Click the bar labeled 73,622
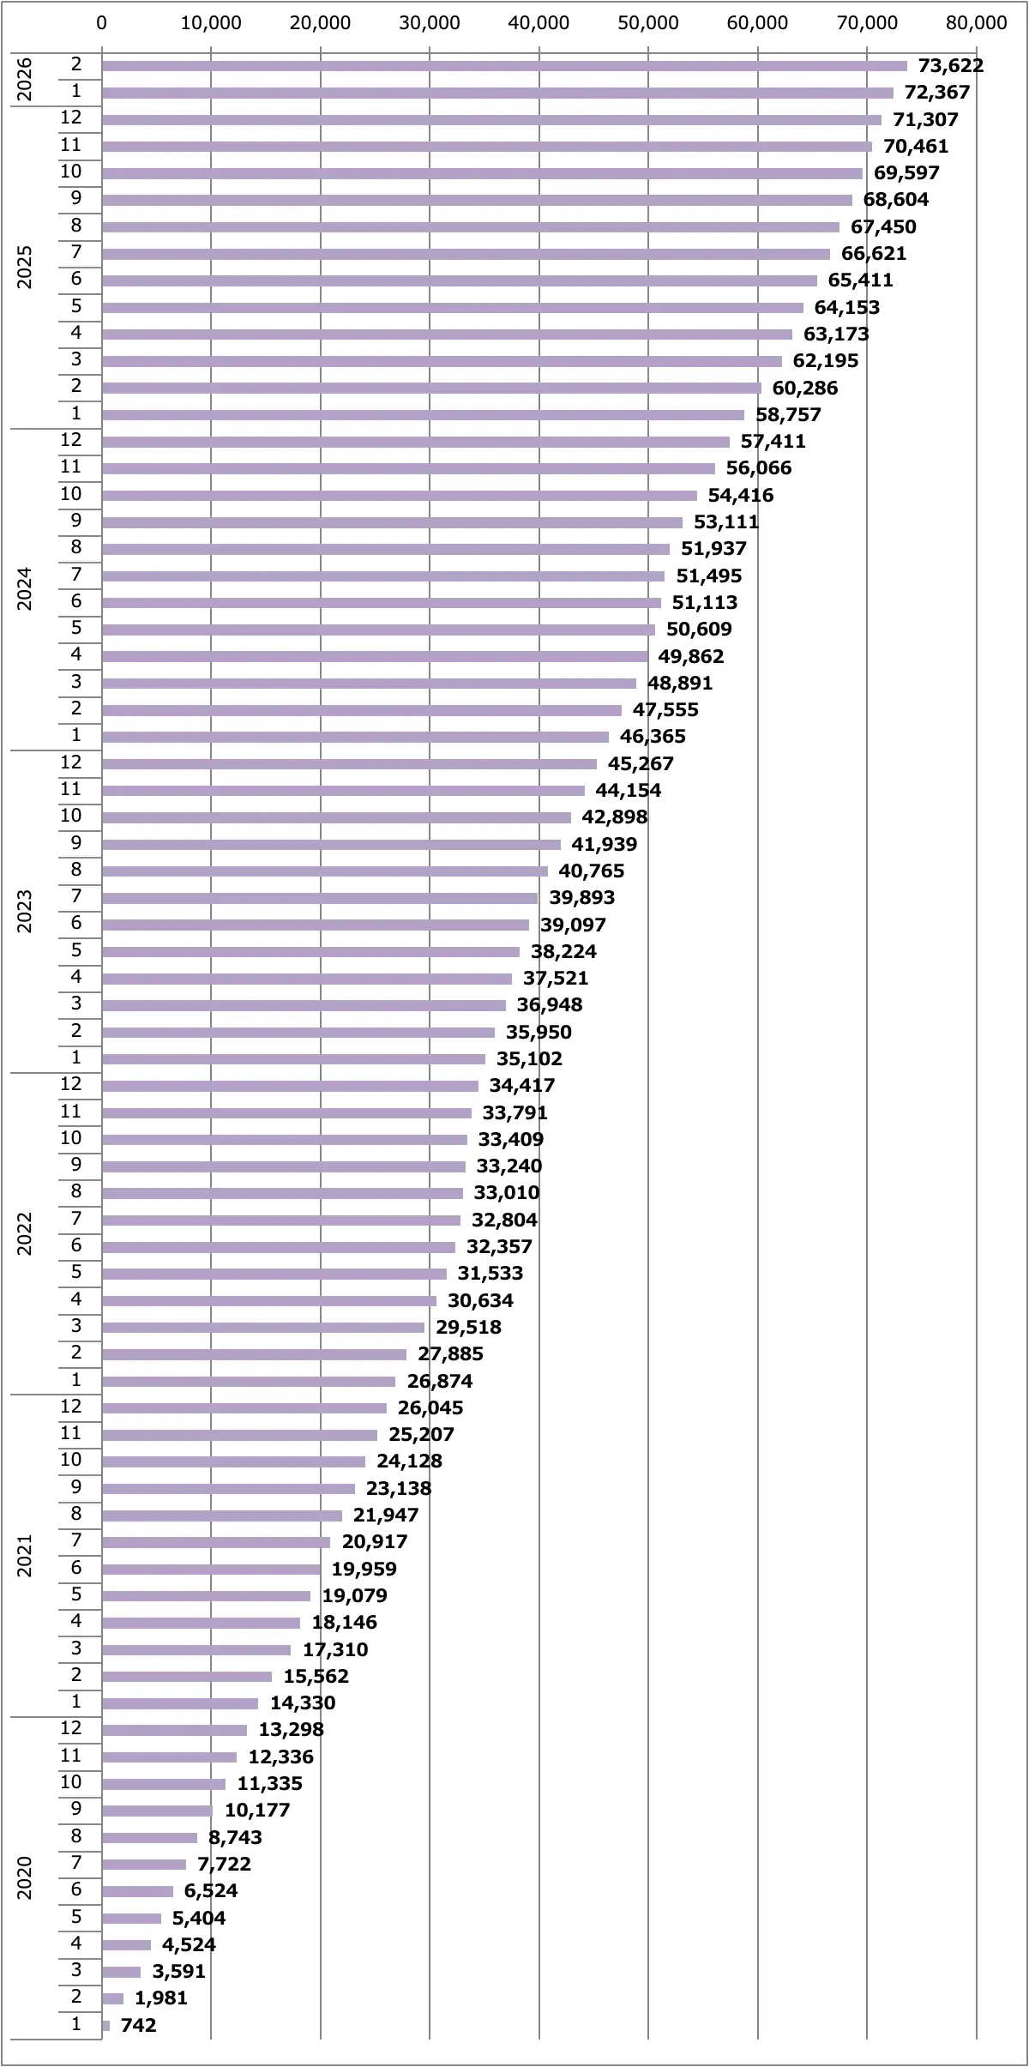pyautogui.click(x=504, y=66)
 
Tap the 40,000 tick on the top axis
pyautogui.click(x=539, y=23)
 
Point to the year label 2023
pyautogui.click(x=25, y=911)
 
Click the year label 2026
pyautogui.click(x=25, y=79)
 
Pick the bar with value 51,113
pyautogui.click(x=382, y=603)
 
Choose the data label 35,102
pyautogui.click(x=529, y=1058)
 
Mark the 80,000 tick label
pyautogui.click(x=976, y=23)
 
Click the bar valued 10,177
pyautogui.click(x=157, y=1811)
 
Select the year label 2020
pyautogui.click(x=25, y=1877)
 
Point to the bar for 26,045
pyautogui.click(x=244, y=1408)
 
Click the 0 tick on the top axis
pyautogui.click(x=102, y=23)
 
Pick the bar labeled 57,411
pyautogui.click(x=416, y=442)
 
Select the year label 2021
pyautogui.click(x=25, y=1556)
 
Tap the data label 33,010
pyautogui.click(x=507, y=1193)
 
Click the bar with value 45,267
pyautogui.click(x=349, y=764)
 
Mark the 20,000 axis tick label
pyautogui.click(x=321, y=23)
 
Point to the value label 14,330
pyautogui.click(x=303, y=1702)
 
